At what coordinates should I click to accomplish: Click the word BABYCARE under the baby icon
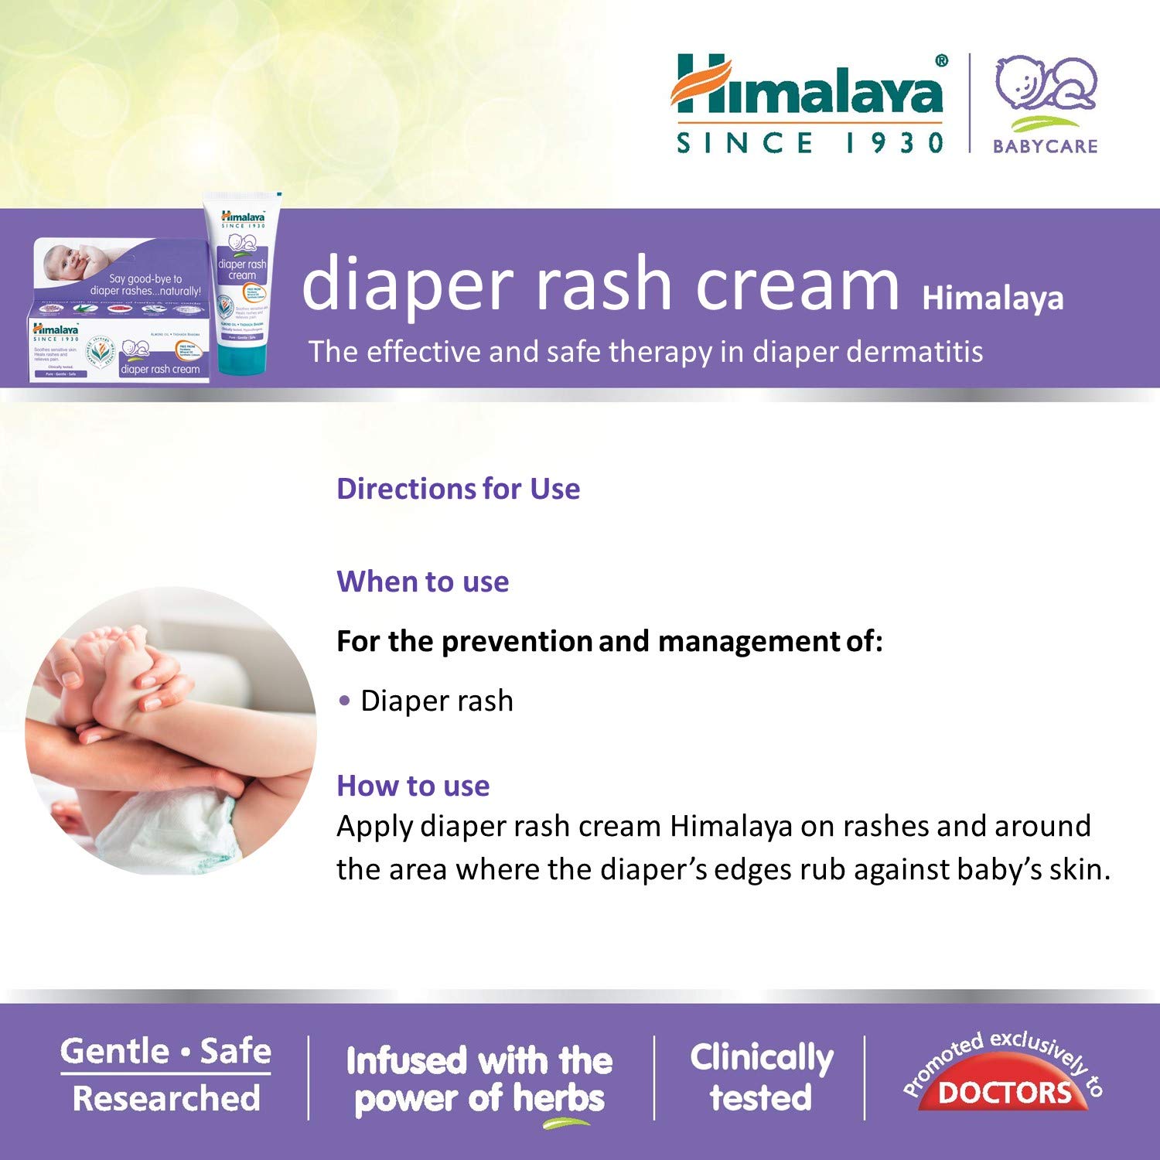click(1045, 145)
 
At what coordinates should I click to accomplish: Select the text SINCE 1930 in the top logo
click(810, 143)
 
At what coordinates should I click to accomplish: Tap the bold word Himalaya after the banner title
click(992, 299)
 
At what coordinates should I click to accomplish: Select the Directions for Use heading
click(458, 489)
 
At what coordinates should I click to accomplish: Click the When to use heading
click(422, 582)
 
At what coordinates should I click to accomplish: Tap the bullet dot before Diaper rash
click(344, 701)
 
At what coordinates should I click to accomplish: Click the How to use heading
click(413, 786)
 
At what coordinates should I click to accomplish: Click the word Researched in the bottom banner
click(166, 1098)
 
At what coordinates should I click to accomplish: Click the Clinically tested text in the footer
click(761, 1077)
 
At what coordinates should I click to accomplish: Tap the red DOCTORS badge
click(1004, 1092)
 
